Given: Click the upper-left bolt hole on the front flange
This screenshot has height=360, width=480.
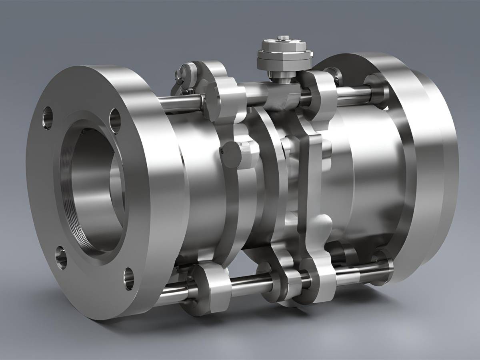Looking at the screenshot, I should [x=47, y=118].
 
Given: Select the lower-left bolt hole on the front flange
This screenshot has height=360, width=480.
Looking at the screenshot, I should [x=61, y=256].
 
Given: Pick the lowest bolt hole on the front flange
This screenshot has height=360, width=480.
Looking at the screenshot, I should [x=129, y=278].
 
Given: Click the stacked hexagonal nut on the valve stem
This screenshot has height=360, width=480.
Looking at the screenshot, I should [x=284, y=54].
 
